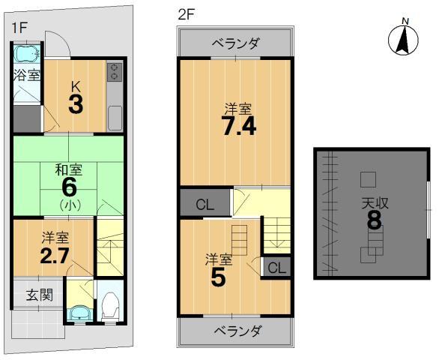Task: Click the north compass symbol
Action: click(x=404, y=38)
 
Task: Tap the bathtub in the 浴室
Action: click(x=26, y=54)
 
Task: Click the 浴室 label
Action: click(x=25, y=76)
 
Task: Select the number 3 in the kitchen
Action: click(x=75, y=104)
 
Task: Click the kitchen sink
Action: click(x=115, y=118)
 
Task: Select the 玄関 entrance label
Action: click(x=35, y=294)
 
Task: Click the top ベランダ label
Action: click(x=235, y=42)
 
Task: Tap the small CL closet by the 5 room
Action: click(x=276, y=268)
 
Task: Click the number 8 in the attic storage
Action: click(x=373, y=221)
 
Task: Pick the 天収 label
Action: click(x=373, y=201)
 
